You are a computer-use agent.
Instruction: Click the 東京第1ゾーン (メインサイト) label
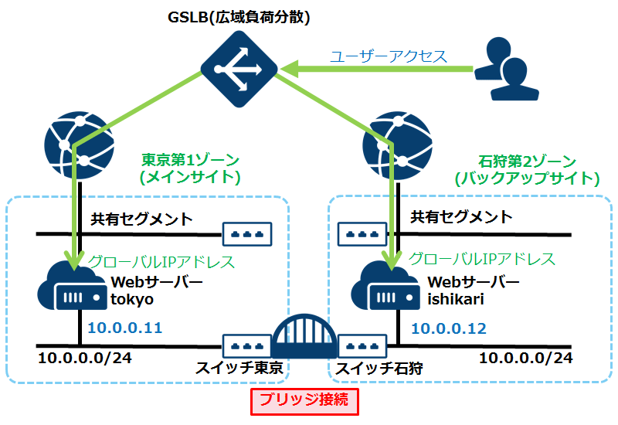(x=190, y=169)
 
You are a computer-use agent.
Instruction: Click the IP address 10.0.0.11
(x=125, y=328)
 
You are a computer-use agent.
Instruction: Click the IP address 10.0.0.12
(x=449, y=328)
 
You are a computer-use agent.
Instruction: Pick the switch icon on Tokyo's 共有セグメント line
(x=248, y=233)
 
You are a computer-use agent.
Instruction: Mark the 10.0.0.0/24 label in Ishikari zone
(x=526, y=358)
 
